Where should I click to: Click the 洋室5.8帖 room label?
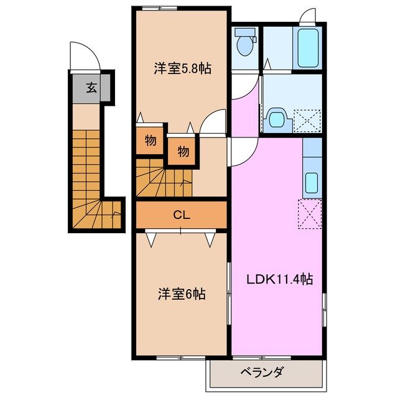click(x=182, y=69)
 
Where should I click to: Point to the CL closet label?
click(x=181, y=216)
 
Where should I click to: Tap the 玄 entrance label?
click(x=91, y=88)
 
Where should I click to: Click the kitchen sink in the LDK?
click(x=312, y=182)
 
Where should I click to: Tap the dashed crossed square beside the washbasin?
click(x=308, y=120)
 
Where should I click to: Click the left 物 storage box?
click(x=150, y=140)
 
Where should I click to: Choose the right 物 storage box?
click(x=183, y=150)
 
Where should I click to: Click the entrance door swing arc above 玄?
click(x=84, y=56)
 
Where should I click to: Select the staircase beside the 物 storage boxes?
click(x=163, y=180)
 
